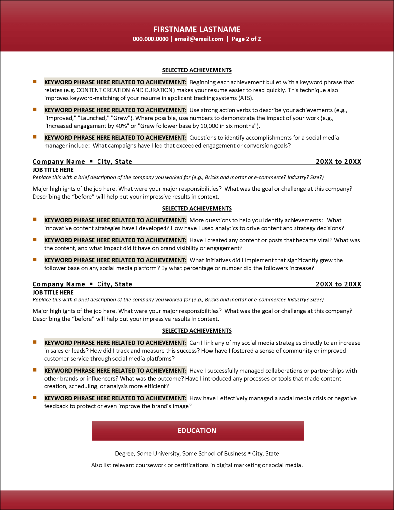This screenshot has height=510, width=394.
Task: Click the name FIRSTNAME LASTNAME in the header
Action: [197, 29]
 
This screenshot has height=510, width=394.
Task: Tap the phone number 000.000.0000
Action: [151, 39]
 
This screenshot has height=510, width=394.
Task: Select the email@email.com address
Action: [199, 39]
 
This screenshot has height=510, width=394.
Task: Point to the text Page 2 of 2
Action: [246, 39]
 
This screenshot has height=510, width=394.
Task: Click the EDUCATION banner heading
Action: [197, 431]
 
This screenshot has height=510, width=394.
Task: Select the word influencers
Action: [102, 379]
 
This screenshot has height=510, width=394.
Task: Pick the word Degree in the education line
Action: [124, 454]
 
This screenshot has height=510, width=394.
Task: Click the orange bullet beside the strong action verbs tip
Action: [35, 110]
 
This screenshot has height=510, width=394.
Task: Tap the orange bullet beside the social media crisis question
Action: [35, 398]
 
